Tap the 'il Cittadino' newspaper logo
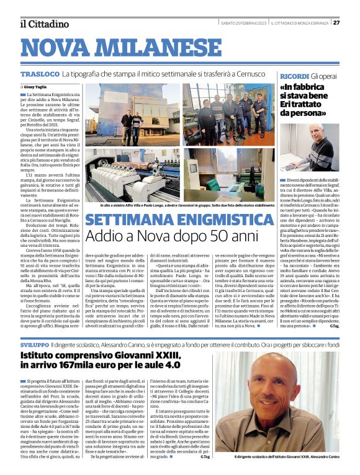[x=43, y=24]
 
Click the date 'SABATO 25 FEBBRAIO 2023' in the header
[x=243, y=23]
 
